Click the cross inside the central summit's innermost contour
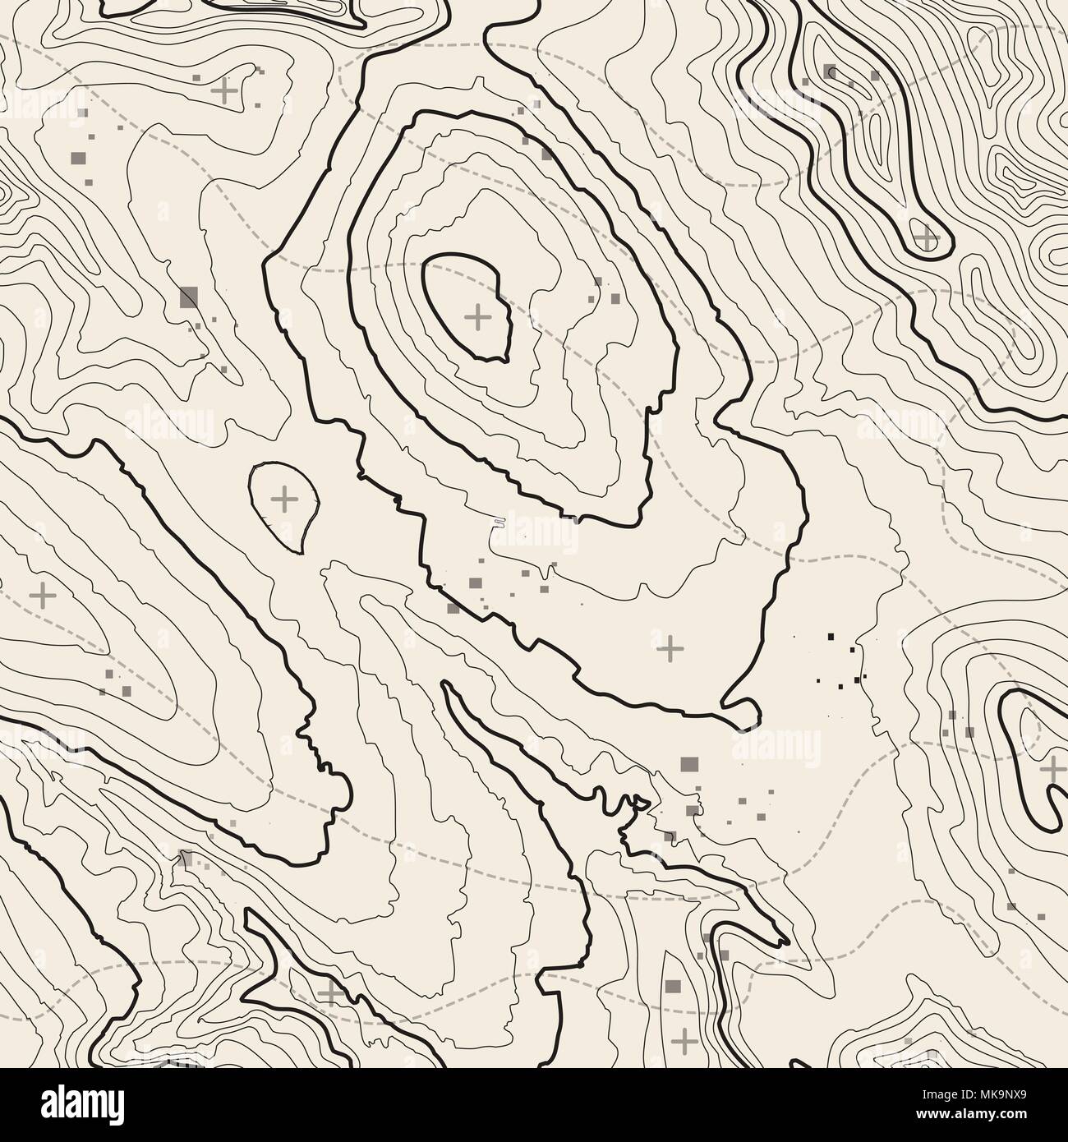(x=477, y=315)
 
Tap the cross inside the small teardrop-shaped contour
(x=284, y=499)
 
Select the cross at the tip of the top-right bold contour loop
(x=927, y=239)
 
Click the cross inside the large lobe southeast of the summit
(x=670, y=648)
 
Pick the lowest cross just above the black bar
(x=684, y=1040)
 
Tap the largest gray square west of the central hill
(x=190, y=297)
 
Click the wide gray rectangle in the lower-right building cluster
(x=688, y=764)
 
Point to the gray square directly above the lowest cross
(x=674, y=987)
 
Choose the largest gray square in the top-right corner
(x=830, y=71)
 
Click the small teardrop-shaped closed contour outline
(x=250, y=493)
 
